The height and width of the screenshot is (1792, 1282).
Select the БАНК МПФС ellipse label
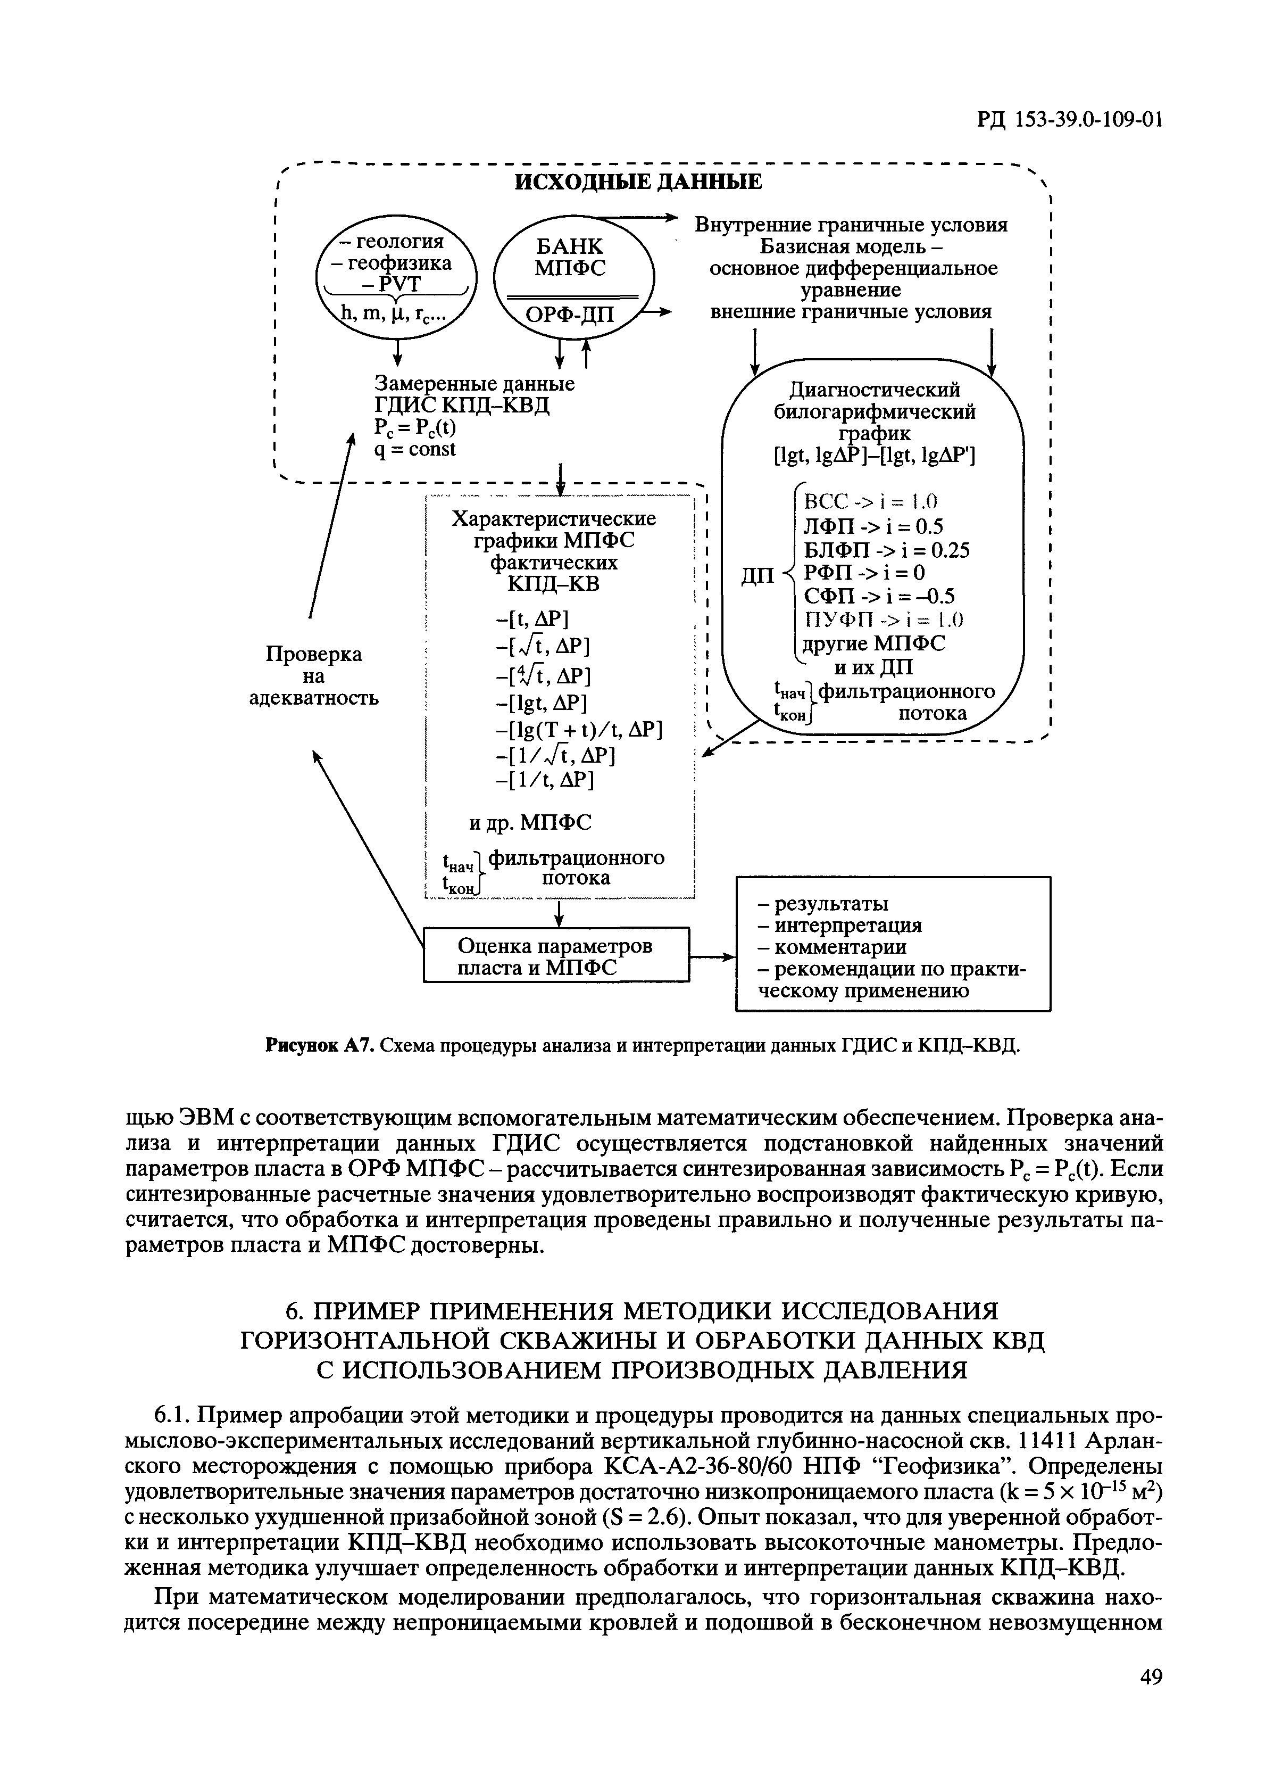[x=569, y=258]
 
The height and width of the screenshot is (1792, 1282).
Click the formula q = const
[x=415, y=449]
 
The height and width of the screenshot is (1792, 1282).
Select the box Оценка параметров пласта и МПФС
[x=556, y=956]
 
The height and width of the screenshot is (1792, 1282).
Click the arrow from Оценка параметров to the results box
[x=712, y=957]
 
